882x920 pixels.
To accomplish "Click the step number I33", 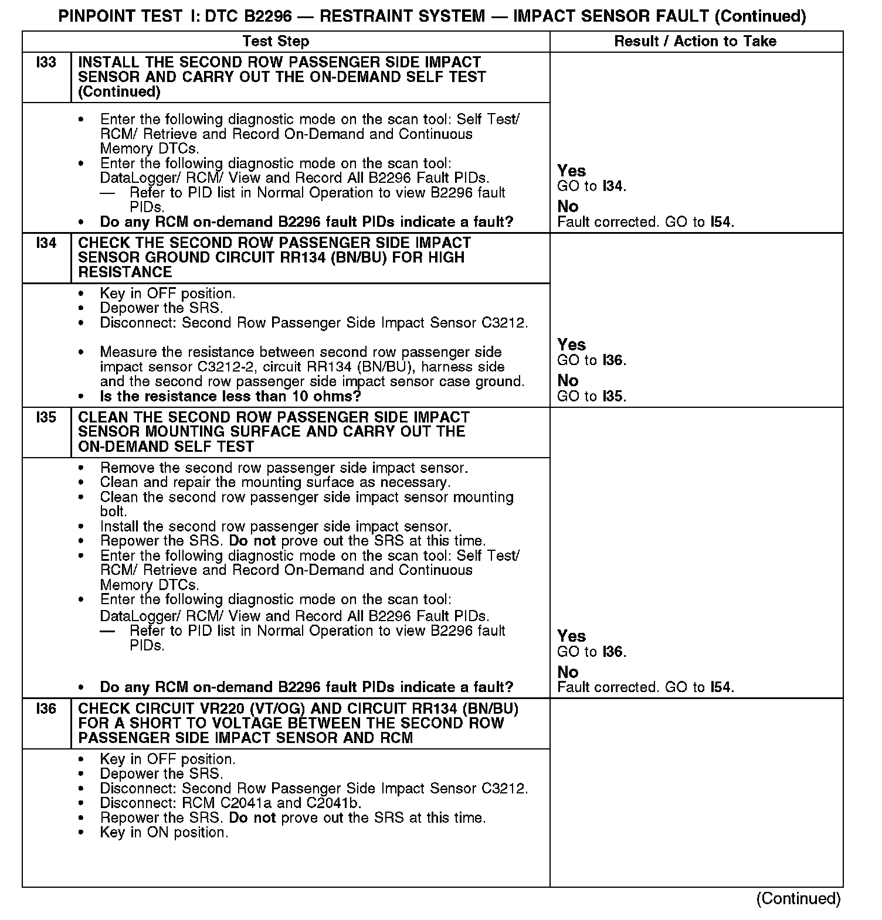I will tap(46, 62).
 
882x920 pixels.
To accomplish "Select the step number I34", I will tap(46, 243).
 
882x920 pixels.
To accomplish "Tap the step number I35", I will tap(46, 417).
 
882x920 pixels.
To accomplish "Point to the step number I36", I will tap(46, 708).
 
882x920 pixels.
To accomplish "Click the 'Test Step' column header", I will tap(276, 41).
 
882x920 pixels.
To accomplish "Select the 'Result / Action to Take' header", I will tap(695, 41).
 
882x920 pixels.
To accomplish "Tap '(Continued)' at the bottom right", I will tap(798, 898).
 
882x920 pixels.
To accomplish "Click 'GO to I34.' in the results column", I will tap(591, 186).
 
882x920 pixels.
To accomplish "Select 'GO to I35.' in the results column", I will tap(591, 396).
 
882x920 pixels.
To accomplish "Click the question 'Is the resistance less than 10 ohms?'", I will tap(230, 396).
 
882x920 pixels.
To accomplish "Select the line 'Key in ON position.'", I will tap(164, 832).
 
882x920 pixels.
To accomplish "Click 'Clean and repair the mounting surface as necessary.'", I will tap(275, 482).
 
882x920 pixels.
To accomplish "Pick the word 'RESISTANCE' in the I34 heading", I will tap(125, 272).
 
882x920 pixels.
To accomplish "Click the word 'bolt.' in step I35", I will tap(114, 512).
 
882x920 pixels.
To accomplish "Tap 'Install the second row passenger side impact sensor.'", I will tap(276, 526).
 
